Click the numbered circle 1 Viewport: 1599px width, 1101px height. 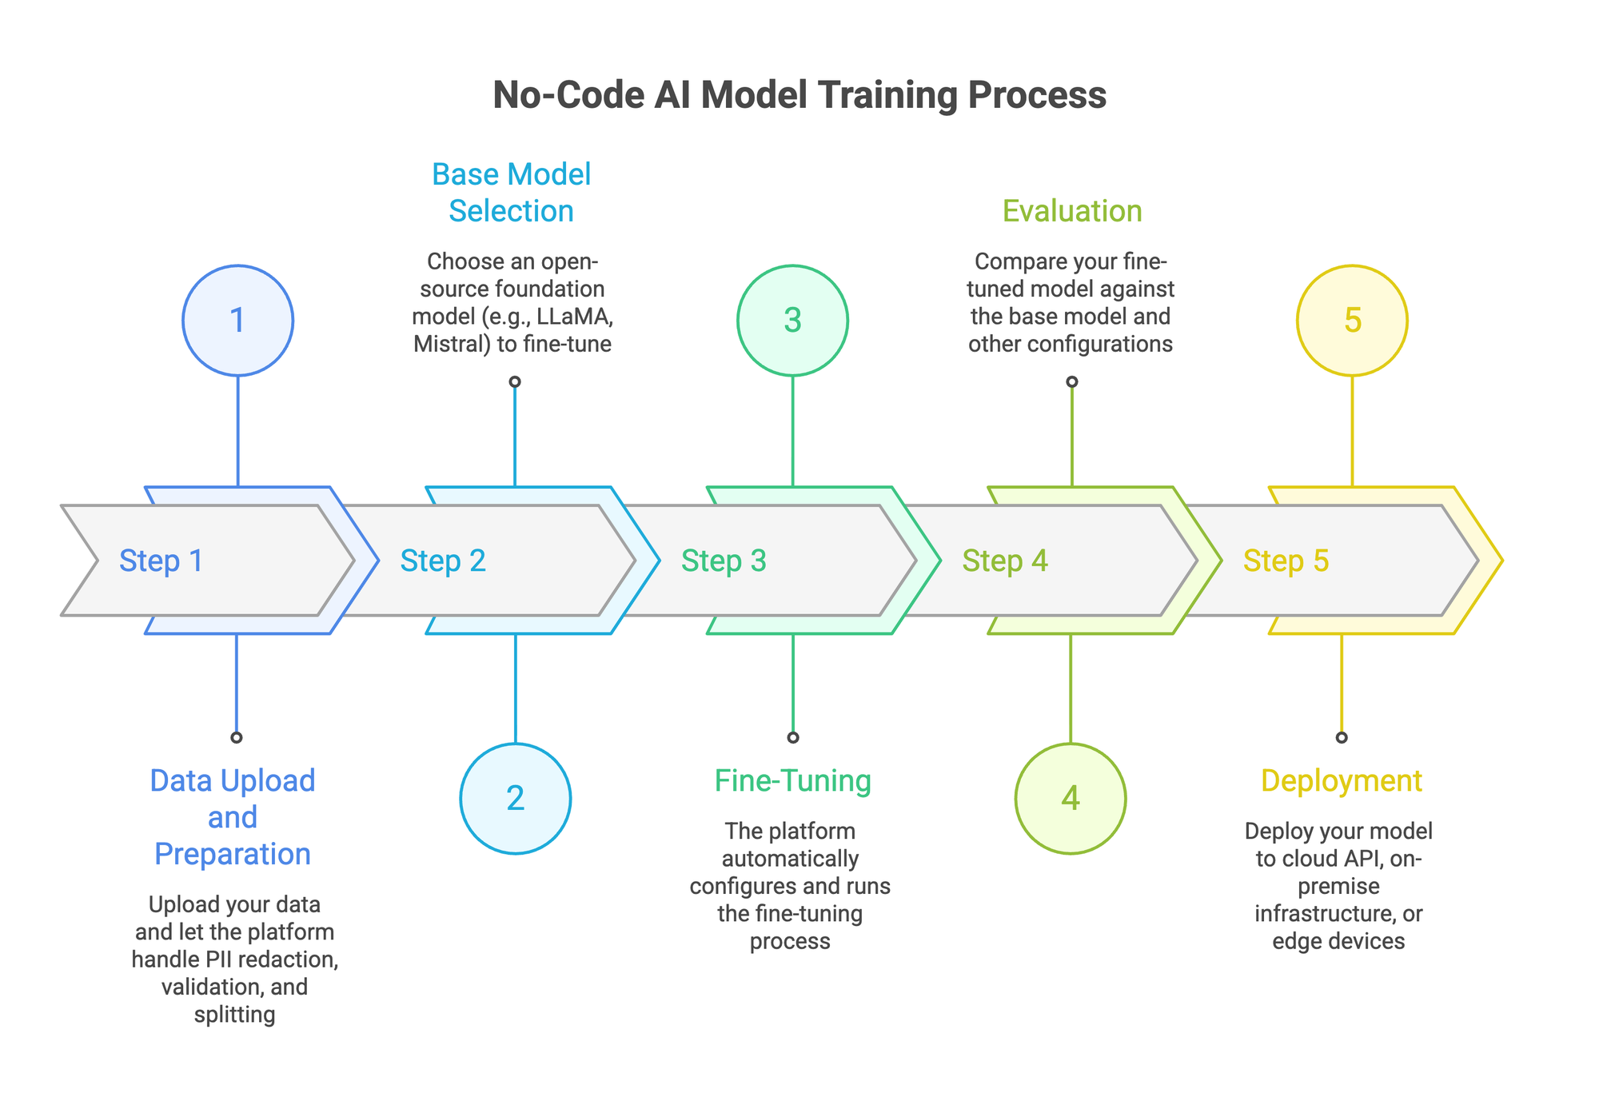click(x=237, y=321)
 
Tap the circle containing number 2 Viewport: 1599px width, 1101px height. click(x=516, y=799)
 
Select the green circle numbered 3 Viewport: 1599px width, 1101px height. click(x=792, y=321)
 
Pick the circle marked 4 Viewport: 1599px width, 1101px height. click(x=1071, y=799)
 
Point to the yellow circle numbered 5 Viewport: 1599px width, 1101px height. click(x=1352, y=321)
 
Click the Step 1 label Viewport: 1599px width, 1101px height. click(x=161, y=561)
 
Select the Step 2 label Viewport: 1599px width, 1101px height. click(x=443, y=561)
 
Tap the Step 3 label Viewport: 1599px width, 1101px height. click(x=724, y=561)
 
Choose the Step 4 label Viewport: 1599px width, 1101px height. click(x=1005, y=561)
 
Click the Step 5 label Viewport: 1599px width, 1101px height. click(x=1286, y=561)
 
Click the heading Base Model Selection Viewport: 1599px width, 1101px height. click(x=512, y=193)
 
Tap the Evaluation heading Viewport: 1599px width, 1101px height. click(x=1072, y=211)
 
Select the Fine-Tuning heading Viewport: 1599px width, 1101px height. click(x=792, y=780)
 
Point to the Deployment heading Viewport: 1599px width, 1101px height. click(x=1342, y=780)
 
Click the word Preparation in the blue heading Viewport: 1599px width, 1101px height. click(x=233, y=854)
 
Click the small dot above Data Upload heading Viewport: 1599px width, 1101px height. click(x=236, y=737)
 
